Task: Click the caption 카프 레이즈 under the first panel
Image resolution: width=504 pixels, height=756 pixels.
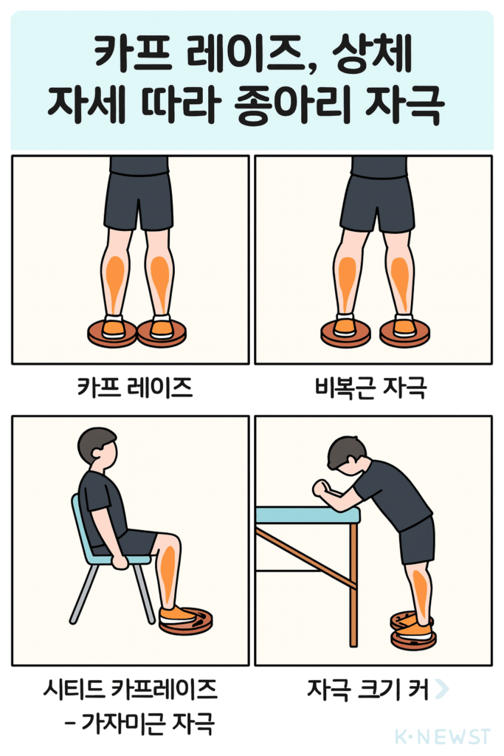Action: tap(135, 388)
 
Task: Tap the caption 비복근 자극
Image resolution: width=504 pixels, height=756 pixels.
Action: tap(370, 388)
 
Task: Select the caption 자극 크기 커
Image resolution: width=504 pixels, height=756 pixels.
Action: tap(367, 690)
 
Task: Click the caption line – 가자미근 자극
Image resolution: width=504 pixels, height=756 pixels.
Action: tap(139, 724)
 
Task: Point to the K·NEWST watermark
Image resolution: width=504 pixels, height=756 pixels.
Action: tap(442, 736)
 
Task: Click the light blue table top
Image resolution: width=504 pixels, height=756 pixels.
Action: tap(308, 515)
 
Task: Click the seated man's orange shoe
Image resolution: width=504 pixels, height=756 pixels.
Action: tap(176, 615)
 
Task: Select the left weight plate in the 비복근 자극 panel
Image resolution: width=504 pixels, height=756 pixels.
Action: tap(345, 334)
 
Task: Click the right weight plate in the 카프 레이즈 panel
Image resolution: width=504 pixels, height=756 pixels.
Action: tap(162, 334)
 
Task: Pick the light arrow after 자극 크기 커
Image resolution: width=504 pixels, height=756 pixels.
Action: tap(441, 689)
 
